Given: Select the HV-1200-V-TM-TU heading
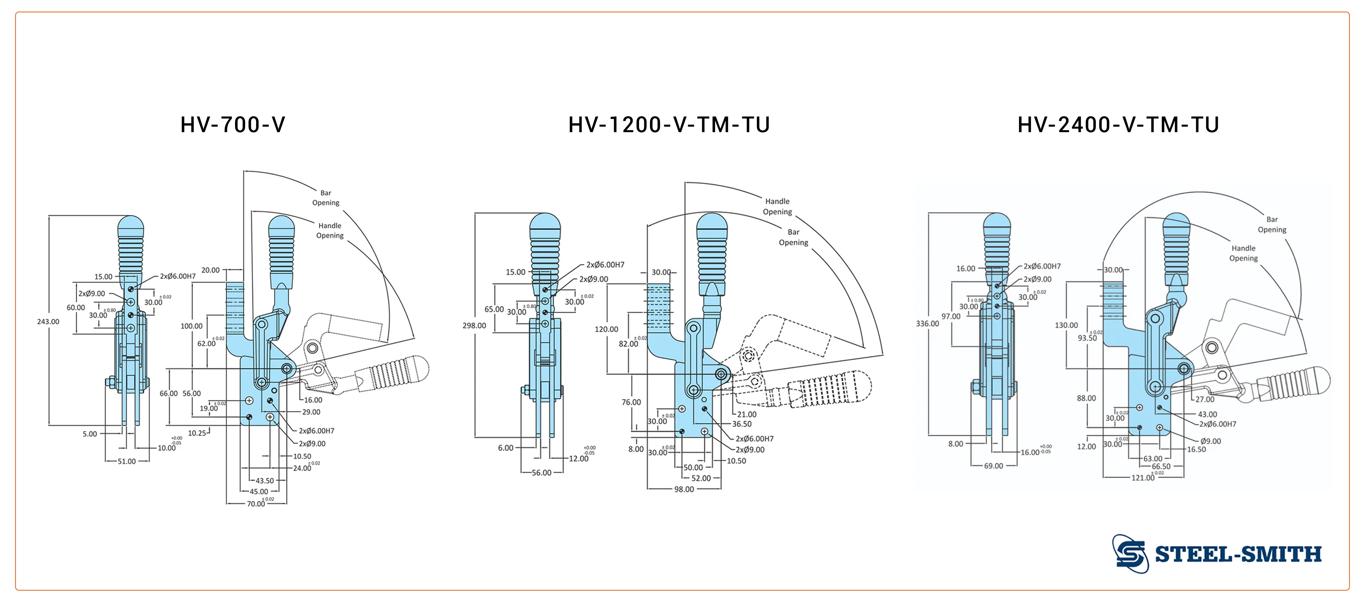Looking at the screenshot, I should [669, 125].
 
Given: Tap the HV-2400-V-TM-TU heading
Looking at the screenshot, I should [1118, 125].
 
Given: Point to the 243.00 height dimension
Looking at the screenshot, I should [48, 321].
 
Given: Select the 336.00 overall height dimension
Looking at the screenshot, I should [927, 324].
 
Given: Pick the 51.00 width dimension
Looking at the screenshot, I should [127, 461].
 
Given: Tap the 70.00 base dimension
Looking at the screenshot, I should [256, 504].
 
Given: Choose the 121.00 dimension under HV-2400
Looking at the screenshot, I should [1143, 478].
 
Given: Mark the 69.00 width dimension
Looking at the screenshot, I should [993, 466].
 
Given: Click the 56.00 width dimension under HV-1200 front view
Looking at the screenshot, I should [541, 473].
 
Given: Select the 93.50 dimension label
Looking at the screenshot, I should [1087, 338].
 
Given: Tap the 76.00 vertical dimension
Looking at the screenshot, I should [631, 402].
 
